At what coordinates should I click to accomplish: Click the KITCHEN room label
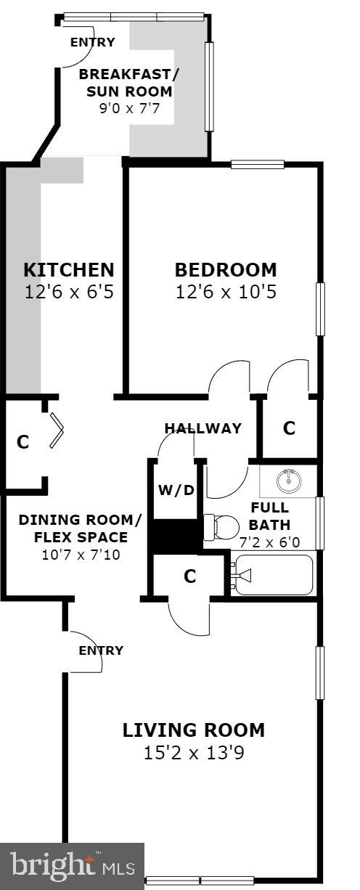(x=69, y=270)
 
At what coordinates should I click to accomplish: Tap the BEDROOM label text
(x=226, y=270)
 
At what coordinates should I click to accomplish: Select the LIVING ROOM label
(x=194, y=730)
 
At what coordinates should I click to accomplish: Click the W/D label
(x=176, y=490)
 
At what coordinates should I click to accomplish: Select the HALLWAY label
(x=202, y=428)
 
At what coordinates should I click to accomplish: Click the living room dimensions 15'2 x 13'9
(x=194, y=753)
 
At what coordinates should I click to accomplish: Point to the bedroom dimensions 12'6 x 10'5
(x=226, y=293)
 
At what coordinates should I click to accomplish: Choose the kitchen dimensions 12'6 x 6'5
(x=69, y=293)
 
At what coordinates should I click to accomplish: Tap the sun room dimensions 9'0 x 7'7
(x=129, y=109)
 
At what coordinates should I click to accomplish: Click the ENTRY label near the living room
(x=101, y=650)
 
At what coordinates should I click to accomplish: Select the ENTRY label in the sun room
(x=92, y=42)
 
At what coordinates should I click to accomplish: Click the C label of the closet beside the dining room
(x=23, y=441)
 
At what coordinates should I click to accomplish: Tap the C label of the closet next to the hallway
(x=289, y=428)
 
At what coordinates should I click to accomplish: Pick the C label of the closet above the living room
(x=190, y=576)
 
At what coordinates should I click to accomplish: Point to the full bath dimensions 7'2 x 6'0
(x=269, y=542)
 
